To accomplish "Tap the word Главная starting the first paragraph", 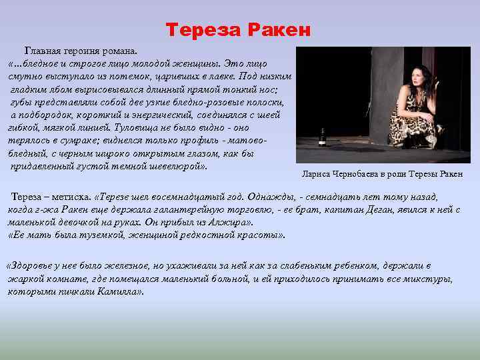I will (43, 51).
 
